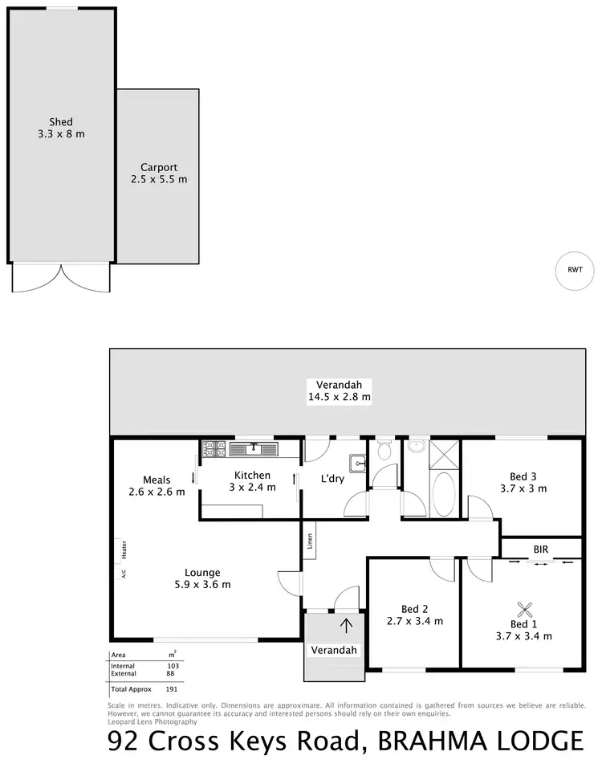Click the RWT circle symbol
tap(575, 271)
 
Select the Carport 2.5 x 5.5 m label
tap(159, 174)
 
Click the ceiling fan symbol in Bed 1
tap(524, 609)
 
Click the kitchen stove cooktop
tap(214, 447)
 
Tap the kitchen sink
tap(254, 447)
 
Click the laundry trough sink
tap(357, 462)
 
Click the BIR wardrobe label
tap(540, 550)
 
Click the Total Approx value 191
tap(170, 688)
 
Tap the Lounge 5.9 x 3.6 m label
tap(202, 578)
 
